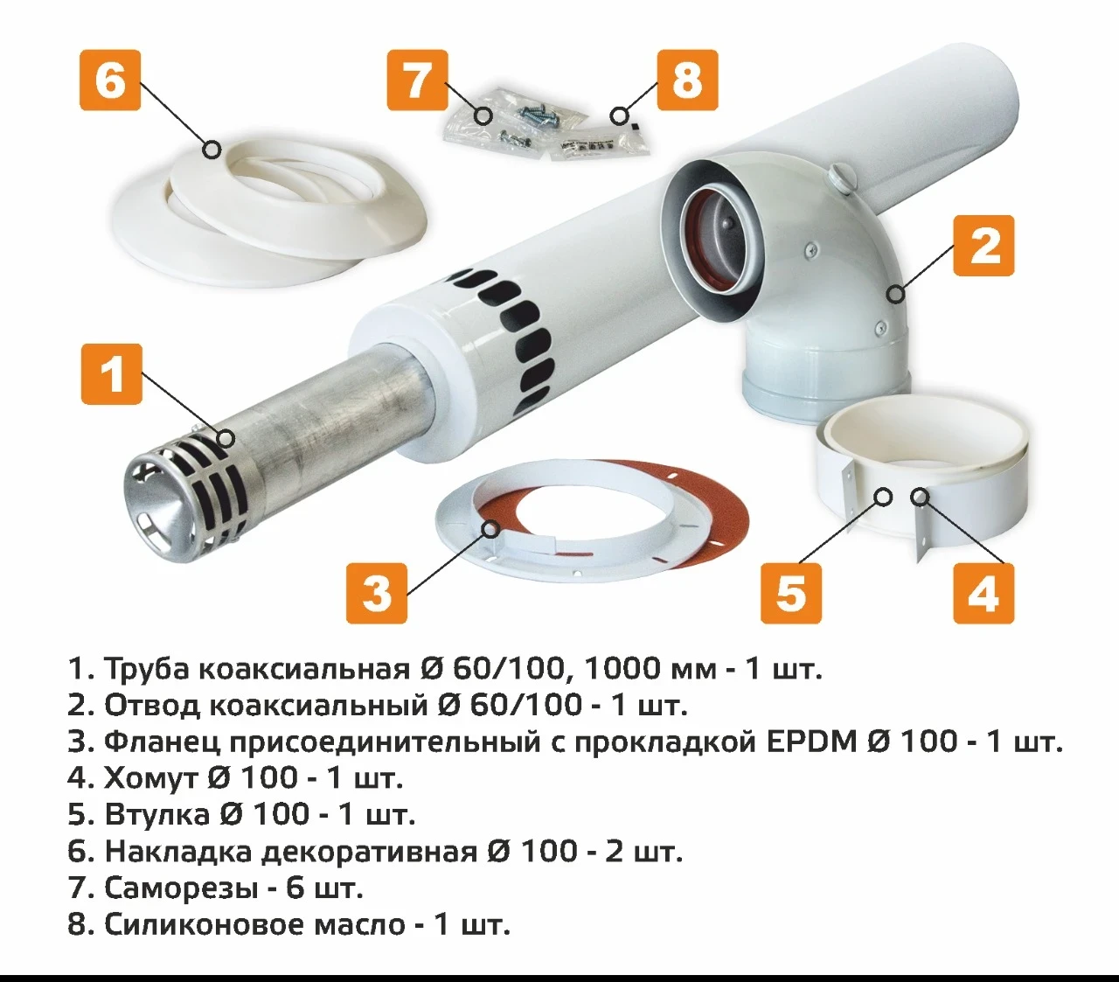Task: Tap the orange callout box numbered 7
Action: tap(417, 80)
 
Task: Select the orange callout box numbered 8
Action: tap(687, 80)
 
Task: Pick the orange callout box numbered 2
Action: tap(983, 246)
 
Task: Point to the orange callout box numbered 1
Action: tap(112, 374)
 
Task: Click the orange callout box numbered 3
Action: tap(377, 593)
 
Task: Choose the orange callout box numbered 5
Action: tap(791, 593)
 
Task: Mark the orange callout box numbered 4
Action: tap(983, 593)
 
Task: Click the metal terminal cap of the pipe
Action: tap(175, 494)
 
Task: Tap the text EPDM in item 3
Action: tap(812, 742)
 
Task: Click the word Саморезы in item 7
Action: tap(180, 888)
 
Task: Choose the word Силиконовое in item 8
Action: tap(205, 924)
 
